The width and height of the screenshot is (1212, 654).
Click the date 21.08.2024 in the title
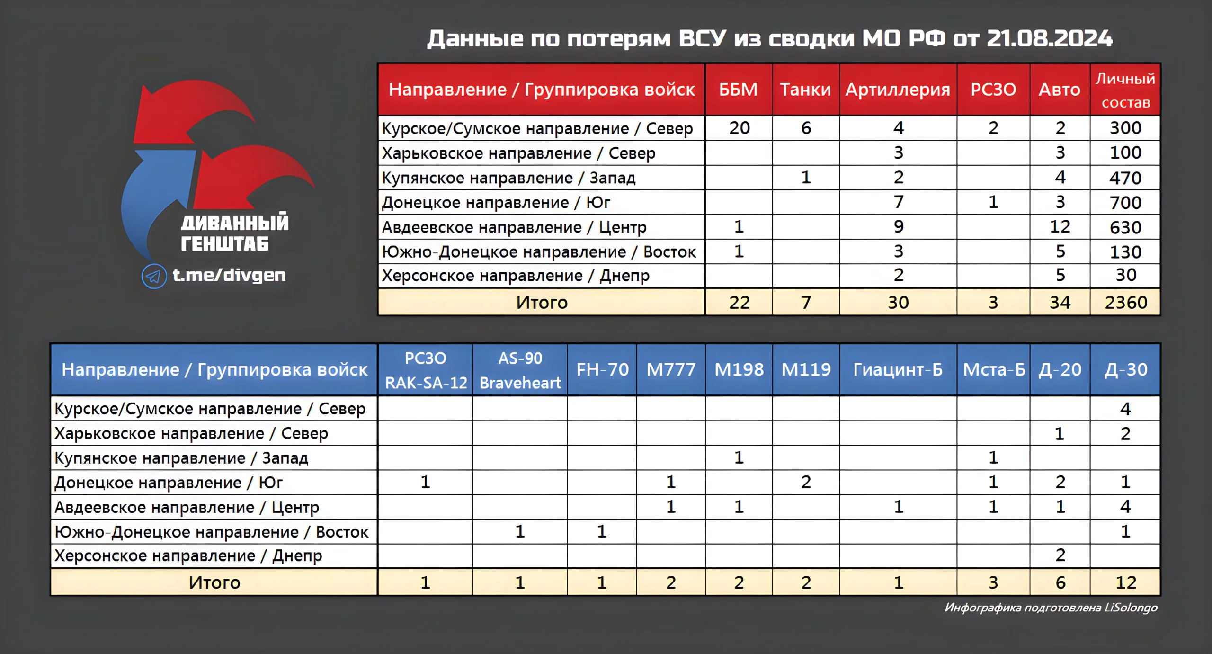pos(1050,38)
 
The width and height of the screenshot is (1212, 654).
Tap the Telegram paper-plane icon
pos(154,276)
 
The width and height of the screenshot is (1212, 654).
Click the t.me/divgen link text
pos(229,275)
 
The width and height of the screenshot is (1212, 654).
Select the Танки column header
pos(805,90)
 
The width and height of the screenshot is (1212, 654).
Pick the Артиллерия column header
pos(898,90)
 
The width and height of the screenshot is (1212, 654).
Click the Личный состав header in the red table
pos(1125,90)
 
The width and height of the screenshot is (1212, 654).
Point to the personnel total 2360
pos(1126,302)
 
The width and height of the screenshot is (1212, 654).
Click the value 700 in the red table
pos(1126,203)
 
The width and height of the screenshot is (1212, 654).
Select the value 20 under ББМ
pos(739,128)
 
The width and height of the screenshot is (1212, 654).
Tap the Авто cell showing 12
pos(1060,227)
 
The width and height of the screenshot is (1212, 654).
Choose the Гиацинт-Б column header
pos(898,369)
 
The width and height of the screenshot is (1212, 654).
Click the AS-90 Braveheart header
pos(520,370)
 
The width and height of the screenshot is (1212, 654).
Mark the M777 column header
pos(671,369)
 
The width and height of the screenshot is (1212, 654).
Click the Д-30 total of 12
pos(1126,582)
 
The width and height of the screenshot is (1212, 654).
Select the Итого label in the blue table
pos(214,582)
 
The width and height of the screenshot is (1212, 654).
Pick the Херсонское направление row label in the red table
pos(516,276)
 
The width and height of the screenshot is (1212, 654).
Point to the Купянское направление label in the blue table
pos(181,458)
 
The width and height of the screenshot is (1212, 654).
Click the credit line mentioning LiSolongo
pos(1051,608)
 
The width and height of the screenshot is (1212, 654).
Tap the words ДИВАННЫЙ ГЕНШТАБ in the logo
pos(235,233)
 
